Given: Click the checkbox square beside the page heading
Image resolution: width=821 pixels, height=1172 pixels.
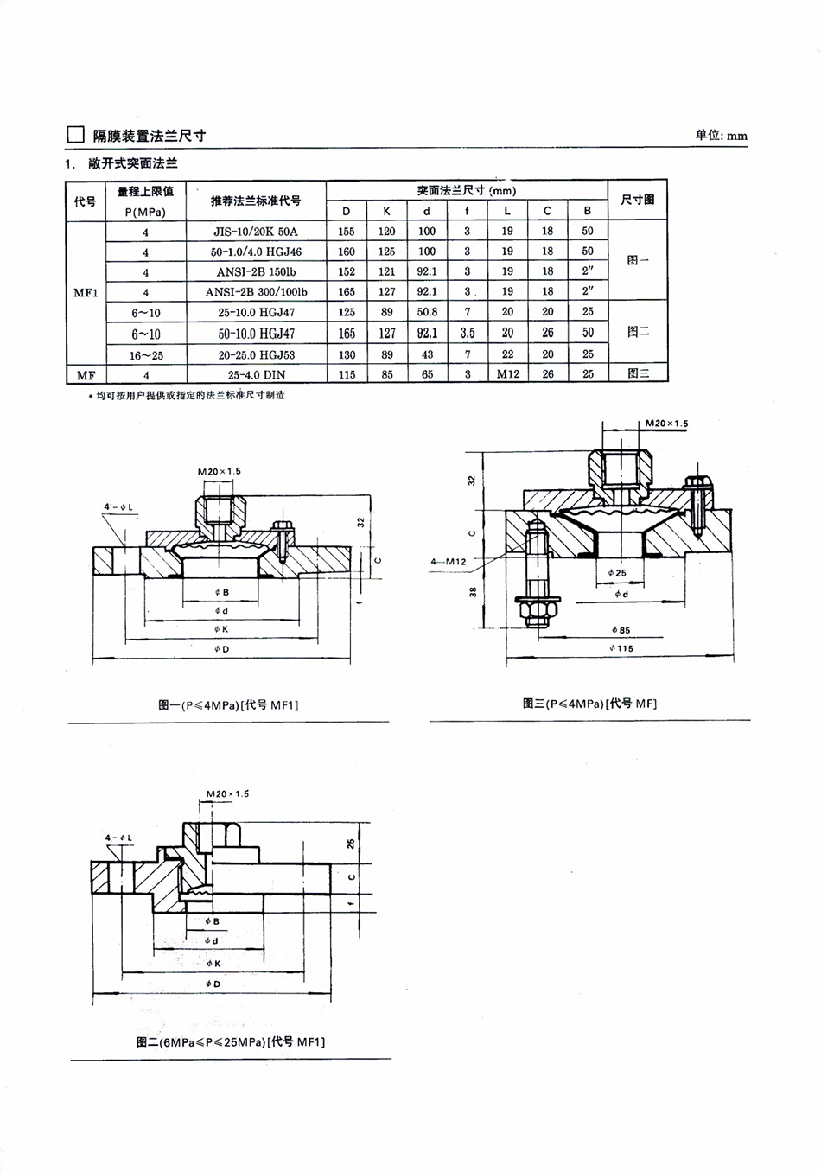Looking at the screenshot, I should pyautogui.click(x=76, y=135).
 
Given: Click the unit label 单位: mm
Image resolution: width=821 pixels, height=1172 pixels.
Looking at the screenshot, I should pyautogui.click(x=721, y=135).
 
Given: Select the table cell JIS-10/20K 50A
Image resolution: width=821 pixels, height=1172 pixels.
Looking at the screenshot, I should pyautogui.click(x=256, y=232).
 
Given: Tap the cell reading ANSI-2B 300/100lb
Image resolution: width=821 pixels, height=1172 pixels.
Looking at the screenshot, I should pyautogui.click(x=256, y=292).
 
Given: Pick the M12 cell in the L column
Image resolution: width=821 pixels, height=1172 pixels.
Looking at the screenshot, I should pyautogui.click(x=507, y=374).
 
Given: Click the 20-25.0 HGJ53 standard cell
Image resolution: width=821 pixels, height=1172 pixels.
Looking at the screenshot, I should pyautogui.click(x=256, y=354).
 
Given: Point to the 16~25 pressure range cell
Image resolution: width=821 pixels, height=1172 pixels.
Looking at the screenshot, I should pyautogui.click(x=146, y=354).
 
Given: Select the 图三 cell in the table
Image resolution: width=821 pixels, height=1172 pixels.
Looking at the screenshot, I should pyautogui.click(x=638, y=374).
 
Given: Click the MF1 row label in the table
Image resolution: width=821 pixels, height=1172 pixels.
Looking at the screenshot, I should pyautogui.click(x=86, y=292).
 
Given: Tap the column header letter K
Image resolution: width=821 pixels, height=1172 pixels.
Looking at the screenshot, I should pyautogui.click(x=386, y=211).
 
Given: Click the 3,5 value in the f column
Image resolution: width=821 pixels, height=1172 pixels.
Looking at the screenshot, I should pyautogui.click(x=467, y=333).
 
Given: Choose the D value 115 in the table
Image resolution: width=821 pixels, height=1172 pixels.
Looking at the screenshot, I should pyautogui.click(x=347, y=374).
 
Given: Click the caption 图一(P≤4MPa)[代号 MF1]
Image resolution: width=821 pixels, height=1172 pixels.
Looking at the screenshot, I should pyautogui.click(x=228, y=705).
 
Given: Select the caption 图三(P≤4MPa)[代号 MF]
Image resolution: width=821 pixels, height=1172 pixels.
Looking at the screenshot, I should pyautogui.click(x=589, y=704).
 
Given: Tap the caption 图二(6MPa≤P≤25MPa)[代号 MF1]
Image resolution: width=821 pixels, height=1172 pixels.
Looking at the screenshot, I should pyautogui.click(x=230, y=1042).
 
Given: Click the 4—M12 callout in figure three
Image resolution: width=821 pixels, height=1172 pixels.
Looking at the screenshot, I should pyautogui.click(x=449, y=562).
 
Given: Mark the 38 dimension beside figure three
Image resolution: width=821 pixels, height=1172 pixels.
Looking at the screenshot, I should pyautogui.click(x=473, y=592).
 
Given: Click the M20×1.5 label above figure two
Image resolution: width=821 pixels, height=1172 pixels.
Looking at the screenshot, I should pyautogui.click(x=227, y=793).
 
